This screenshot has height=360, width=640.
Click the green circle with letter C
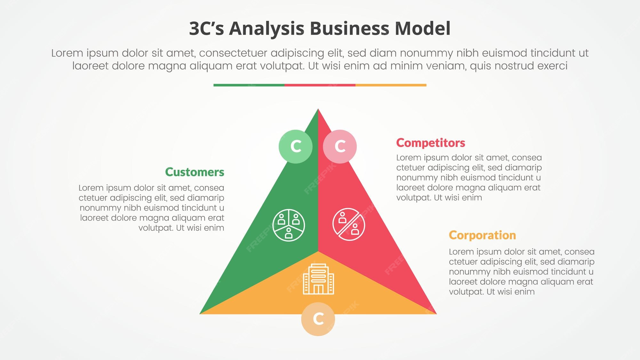[x=295, y=147]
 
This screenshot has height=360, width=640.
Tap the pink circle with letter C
[x=340, y=147]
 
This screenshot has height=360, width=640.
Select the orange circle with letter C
[x=318, y=319]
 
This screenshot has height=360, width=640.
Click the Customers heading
[x=195, y=172]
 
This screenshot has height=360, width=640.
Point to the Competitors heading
[x=430, y=143]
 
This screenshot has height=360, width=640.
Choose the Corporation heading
[x=482, y=235]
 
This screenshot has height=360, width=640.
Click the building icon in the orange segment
[x=318, y=279]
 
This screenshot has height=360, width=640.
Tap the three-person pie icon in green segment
[x=289, y=225]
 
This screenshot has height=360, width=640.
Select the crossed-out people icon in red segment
[x=348, y=224]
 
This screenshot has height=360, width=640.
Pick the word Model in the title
[x=422, y=28]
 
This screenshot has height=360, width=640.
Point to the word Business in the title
[x=350, y=28]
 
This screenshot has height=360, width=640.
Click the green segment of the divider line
[x=249, y=85]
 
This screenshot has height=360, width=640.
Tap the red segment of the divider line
[x=320, y=85]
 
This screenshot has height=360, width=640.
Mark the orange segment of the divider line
[x=391, y=85]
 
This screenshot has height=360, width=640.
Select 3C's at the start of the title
[x=207, y=28]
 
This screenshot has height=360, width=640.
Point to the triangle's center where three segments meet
[x=318, y=251]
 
